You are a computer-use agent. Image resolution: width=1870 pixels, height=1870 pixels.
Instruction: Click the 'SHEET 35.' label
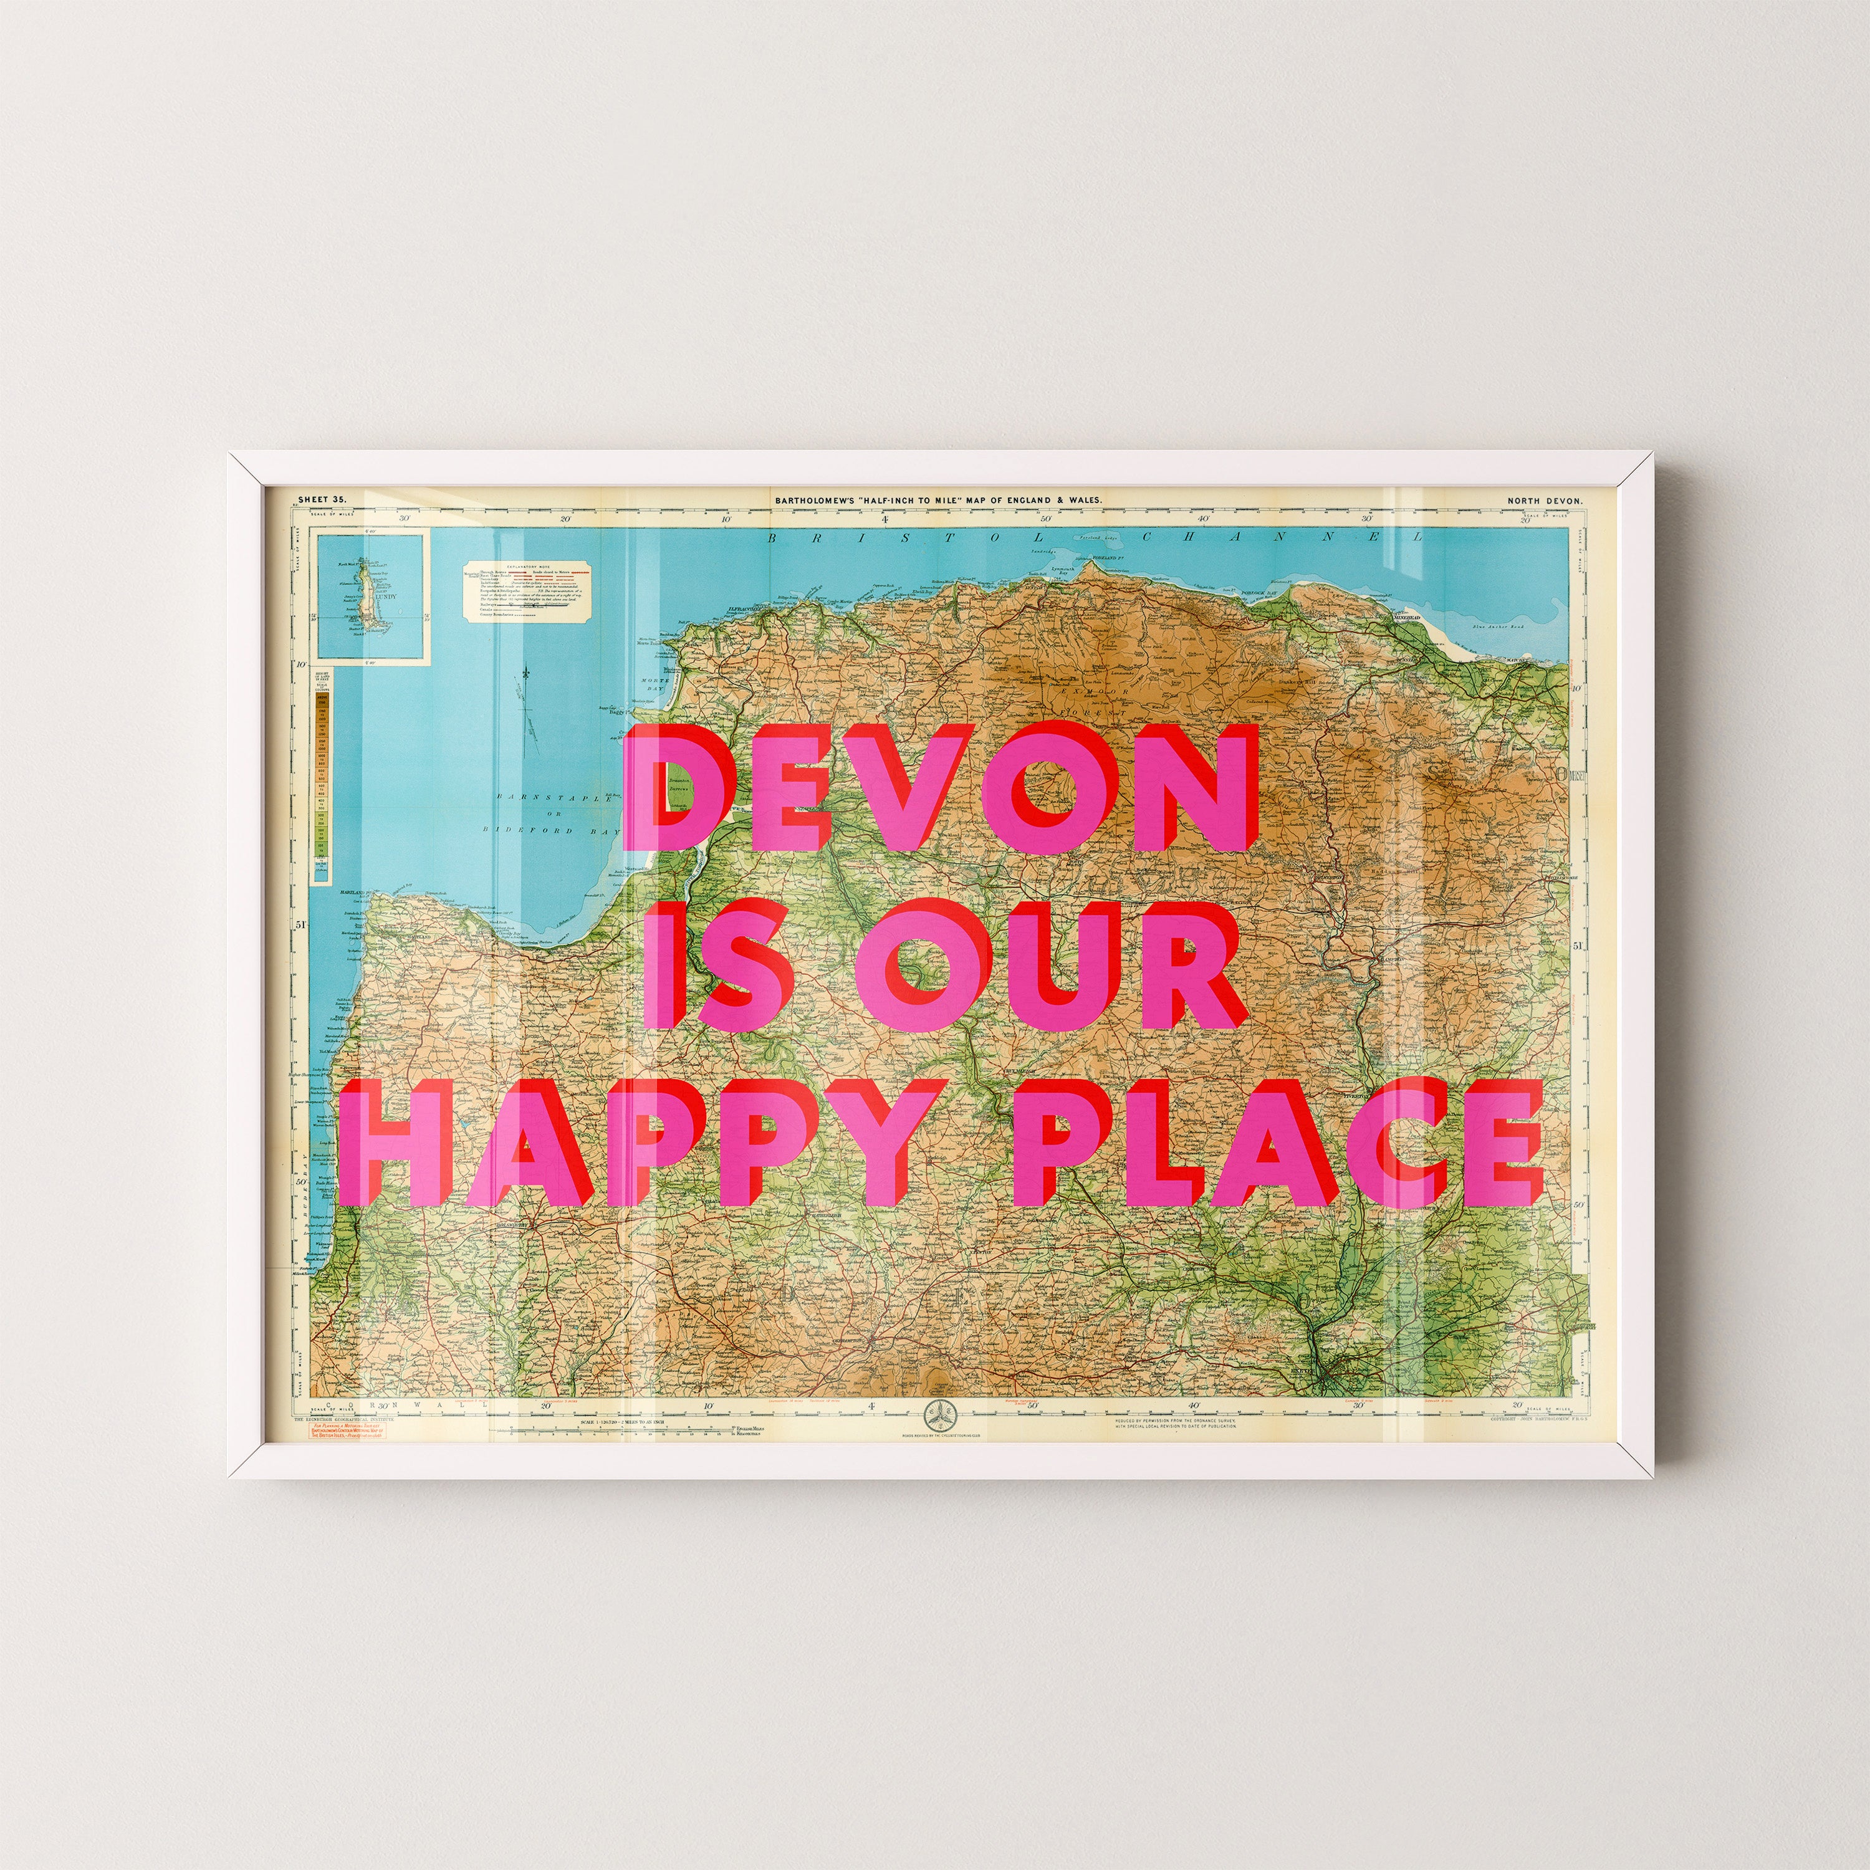[322, 499]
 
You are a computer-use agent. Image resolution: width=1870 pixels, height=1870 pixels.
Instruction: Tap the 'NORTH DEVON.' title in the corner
[1544, 501]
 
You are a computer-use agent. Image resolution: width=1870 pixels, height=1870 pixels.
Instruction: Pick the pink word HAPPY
[639, 1146]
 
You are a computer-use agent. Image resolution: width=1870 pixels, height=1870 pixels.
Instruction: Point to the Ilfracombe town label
[746, 611]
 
